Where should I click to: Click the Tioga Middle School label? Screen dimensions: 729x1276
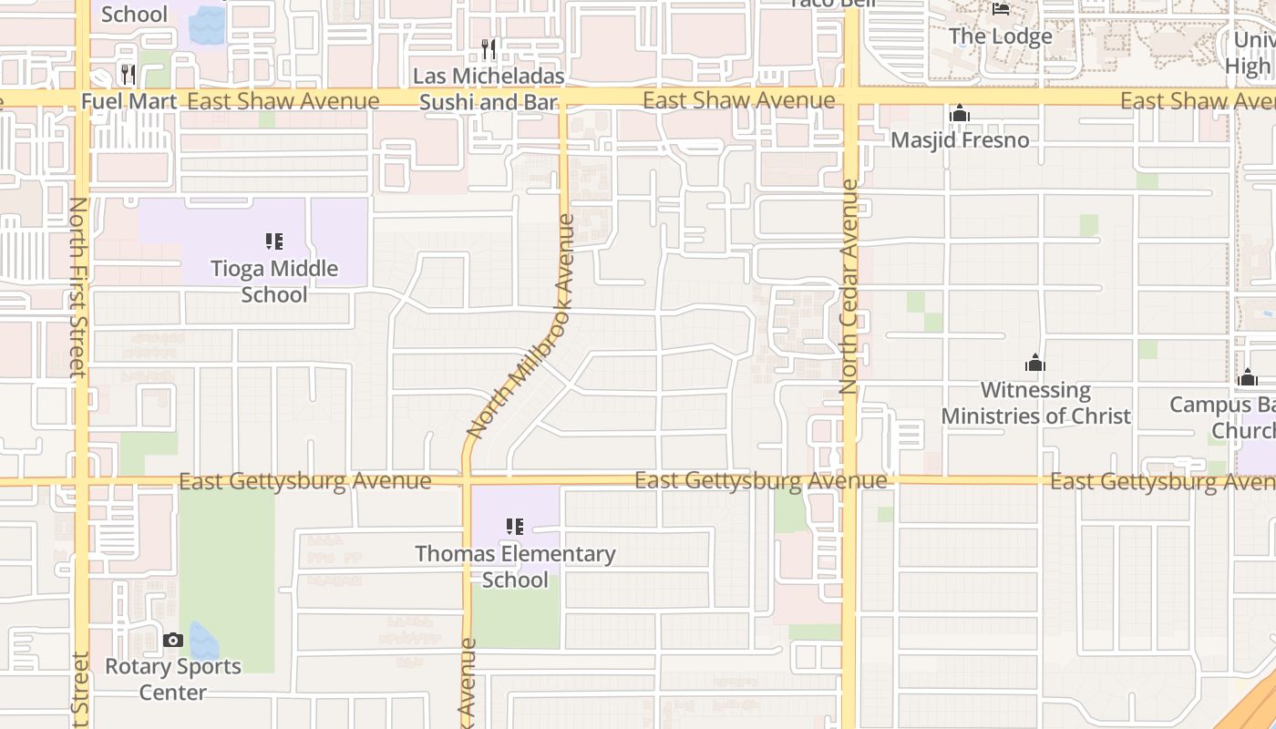[274, 282]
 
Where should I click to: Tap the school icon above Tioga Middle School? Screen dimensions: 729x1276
[274, 241]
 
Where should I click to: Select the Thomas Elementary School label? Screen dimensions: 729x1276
[515, 567]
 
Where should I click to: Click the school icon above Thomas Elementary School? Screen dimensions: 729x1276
[515, 527]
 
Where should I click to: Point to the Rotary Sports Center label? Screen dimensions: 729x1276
[173, 679]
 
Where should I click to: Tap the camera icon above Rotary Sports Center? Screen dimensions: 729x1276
[173, 641]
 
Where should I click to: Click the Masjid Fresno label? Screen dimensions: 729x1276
[960, 140]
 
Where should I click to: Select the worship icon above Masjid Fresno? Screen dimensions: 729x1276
[959, 114]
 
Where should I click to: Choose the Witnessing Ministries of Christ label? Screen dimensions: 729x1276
[1035, 403]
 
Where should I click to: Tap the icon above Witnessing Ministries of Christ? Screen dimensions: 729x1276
[1035, 364]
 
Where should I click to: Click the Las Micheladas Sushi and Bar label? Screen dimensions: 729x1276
[489, 88]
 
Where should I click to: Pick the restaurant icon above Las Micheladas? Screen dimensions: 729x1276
[489, 48]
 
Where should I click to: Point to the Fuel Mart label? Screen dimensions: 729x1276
[129, 101]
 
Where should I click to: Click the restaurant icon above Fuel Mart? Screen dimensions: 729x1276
[129, 74]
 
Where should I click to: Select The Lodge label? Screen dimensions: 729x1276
[1001, 36]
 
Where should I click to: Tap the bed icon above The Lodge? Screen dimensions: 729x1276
[1001, 10]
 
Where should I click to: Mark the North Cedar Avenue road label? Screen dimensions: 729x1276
[849, 286]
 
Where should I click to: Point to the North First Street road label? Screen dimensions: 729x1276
[77, 287]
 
